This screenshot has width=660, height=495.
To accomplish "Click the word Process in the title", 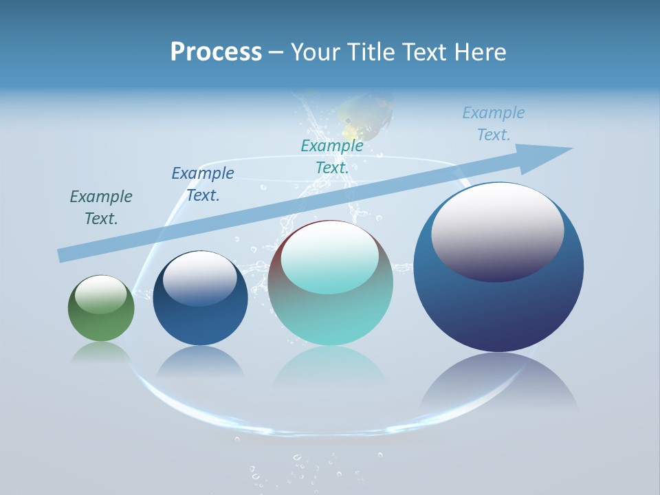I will tap(216, 52).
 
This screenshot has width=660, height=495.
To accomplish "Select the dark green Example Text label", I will tap(101, 208).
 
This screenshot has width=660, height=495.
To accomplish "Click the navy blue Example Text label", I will tap(203, 184).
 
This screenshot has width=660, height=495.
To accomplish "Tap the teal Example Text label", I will tap(332, 157).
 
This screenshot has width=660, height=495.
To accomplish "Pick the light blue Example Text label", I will tap(494, 124).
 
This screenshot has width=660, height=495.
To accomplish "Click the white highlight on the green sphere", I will tap(101, 294).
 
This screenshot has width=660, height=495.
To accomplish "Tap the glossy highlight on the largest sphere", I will tap(497, 232).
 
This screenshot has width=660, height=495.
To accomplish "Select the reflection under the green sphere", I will tap(101, 351).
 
